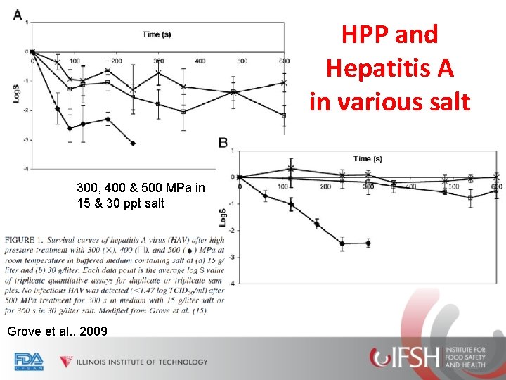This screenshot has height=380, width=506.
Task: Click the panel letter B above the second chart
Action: point(223,143)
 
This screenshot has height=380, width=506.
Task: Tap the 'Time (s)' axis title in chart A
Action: point(157,34)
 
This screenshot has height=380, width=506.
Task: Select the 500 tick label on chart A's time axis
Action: point(242,61)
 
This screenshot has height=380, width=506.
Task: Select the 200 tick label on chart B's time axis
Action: point(325,186)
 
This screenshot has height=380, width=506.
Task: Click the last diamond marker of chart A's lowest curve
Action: point(133,144)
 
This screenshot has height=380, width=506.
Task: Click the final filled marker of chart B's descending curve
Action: point(368,243)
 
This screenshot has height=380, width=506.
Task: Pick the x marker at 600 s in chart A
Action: point(284,83)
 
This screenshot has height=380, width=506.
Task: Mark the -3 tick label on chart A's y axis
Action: point(25,139)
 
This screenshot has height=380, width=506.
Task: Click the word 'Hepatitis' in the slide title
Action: point(390,68)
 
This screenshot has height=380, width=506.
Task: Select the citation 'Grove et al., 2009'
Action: point(56,330)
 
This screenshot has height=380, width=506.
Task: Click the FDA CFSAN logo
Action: point(29,361)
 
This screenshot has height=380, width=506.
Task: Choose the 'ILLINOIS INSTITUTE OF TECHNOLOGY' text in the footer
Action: point(143,362)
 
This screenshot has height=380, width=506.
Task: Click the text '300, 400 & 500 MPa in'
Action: point(141,188)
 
